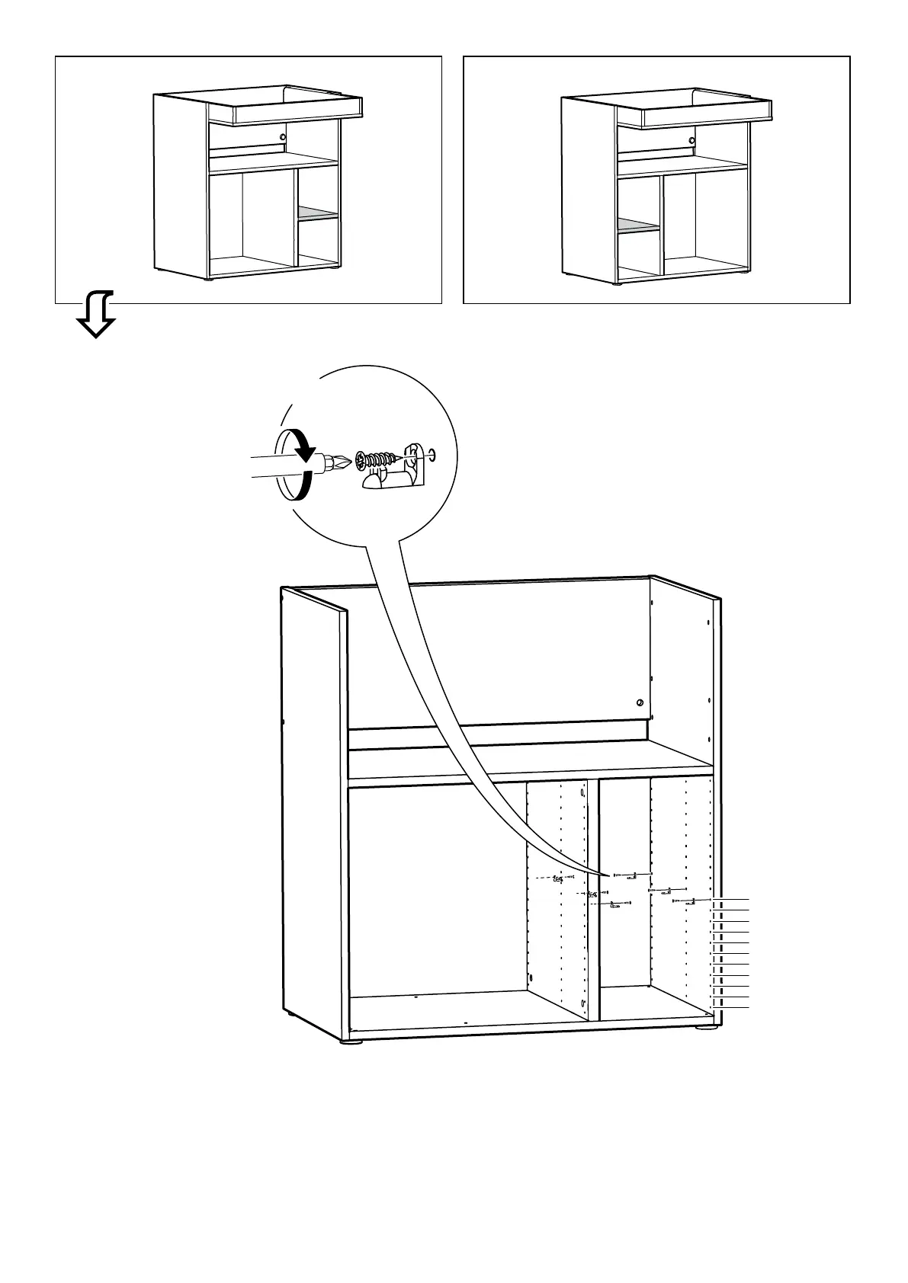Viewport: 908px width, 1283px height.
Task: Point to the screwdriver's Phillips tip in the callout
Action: pos(341,462)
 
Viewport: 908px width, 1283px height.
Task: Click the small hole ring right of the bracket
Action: pos(432,455)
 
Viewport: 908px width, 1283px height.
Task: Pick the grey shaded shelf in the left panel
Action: pos(318,213)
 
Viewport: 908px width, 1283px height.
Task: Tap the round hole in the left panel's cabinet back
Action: pos(283,137)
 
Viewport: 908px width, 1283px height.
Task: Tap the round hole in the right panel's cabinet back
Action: pos(691,140)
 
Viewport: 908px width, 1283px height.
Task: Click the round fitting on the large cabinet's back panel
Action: pos(640,702)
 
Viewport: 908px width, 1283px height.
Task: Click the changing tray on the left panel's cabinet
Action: pos(297,112)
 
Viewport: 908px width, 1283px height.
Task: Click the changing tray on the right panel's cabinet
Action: pos(706,115)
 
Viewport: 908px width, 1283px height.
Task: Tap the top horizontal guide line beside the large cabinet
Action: pos(732,900)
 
